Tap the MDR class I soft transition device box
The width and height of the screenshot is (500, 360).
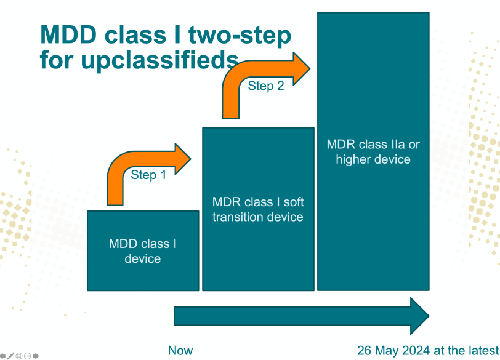click(258, 246)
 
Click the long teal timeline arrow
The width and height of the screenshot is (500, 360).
click(302, 316)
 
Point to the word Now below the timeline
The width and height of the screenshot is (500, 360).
click(180, 350)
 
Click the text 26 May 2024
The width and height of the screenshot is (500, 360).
click(393, 350)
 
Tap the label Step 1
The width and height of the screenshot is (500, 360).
click(148, 175)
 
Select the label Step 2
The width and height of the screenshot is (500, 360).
click(266, 86)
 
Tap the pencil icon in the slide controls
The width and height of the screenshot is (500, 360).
click(11, 356)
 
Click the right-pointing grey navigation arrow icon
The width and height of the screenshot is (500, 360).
click(36, 356)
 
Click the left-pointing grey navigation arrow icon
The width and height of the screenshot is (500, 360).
click(3, 356)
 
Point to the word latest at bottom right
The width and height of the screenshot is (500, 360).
click(482, 350)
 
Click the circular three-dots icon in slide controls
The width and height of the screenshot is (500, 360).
click(28, 356)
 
